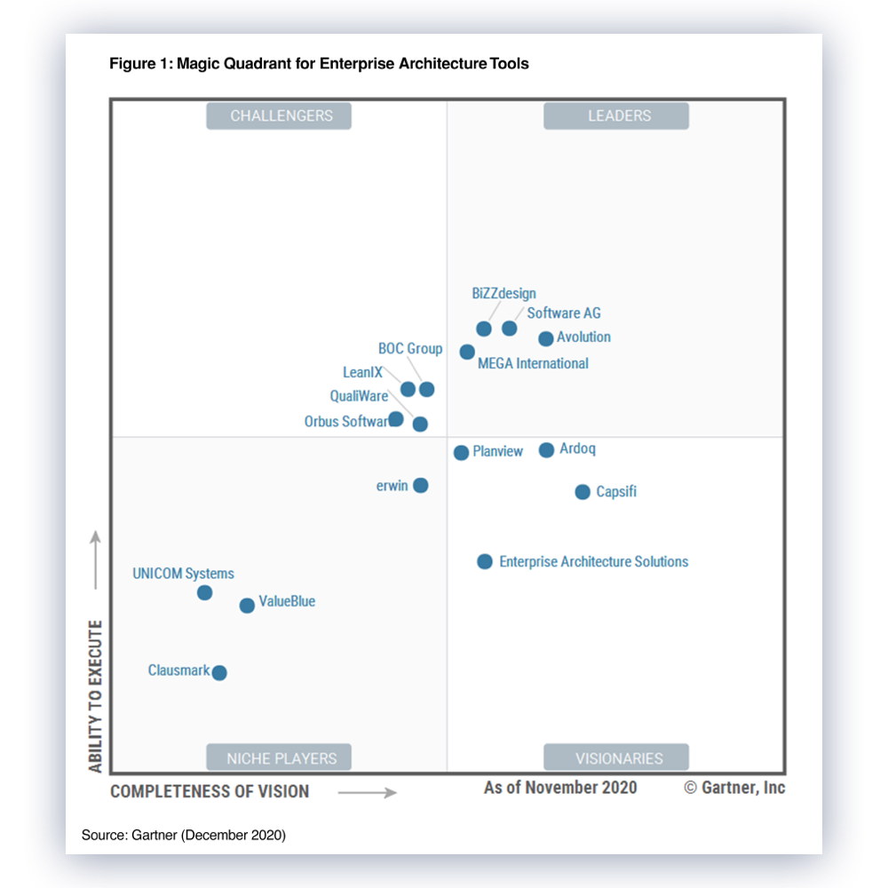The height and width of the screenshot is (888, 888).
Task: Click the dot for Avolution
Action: pos(546,338)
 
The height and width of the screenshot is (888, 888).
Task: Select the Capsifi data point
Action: pos(583,492)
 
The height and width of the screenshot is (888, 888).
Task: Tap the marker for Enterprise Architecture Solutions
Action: pos(485,561)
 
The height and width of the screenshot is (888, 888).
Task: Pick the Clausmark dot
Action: pos(219,673)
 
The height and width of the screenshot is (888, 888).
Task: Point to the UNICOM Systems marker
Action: pos(204,592)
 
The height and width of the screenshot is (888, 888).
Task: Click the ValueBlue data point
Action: pos(247,606)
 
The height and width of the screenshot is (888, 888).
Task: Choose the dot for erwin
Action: pos(421,486)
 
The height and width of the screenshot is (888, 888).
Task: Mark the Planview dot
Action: pos(461,453)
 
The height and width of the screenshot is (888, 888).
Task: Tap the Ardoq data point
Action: pos(547,450)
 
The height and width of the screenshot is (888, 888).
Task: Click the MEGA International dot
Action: pos(467,352)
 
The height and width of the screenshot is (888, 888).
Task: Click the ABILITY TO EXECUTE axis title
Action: pos(96,697)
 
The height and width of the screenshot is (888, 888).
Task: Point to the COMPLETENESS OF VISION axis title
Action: pos(210,791)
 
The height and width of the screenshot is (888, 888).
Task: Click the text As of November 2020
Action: pos(560,788)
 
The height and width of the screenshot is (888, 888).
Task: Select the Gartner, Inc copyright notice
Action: pos(734,788)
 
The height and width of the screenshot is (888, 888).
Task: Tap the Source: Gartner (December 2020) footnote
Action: pos(184,835)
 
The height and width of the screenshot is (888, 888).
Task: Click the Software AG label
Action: pos(564,313)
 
